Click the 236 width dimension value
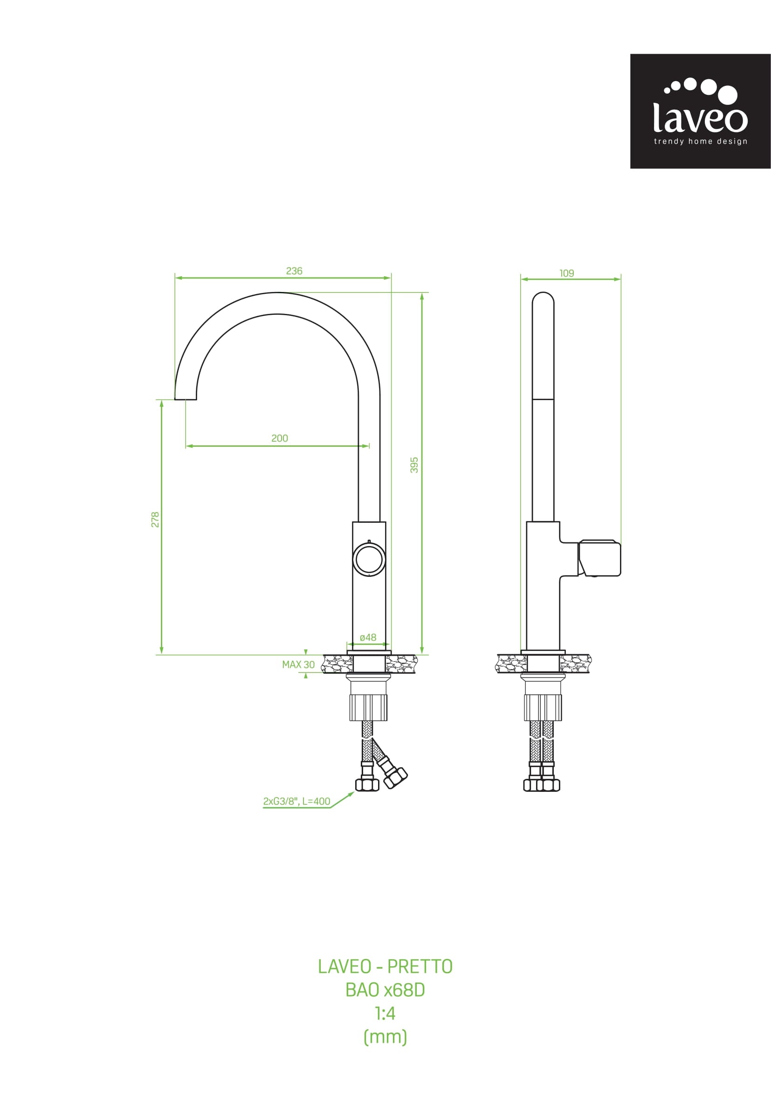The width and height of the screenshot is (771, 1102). coord(294,270)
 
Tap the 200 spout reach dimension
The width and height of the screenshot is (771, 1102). coord(280,438)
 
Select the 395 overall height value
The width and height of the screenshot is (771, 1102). coord(414,465)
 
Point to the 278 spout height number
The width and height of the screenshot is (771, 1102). coord(155,520)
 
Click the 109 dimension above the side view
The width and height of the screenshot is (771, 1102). coord(567,273)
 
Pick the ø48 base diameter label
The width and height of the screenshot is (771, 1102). coord(368,638)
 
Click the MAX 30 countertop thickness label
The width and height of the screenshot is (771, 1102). coord(298,665)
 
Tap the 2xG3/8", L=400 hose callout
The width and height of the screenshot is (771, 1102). coord(296,801)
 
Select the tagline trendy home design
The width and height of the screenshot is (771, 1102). coord(701,141)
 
